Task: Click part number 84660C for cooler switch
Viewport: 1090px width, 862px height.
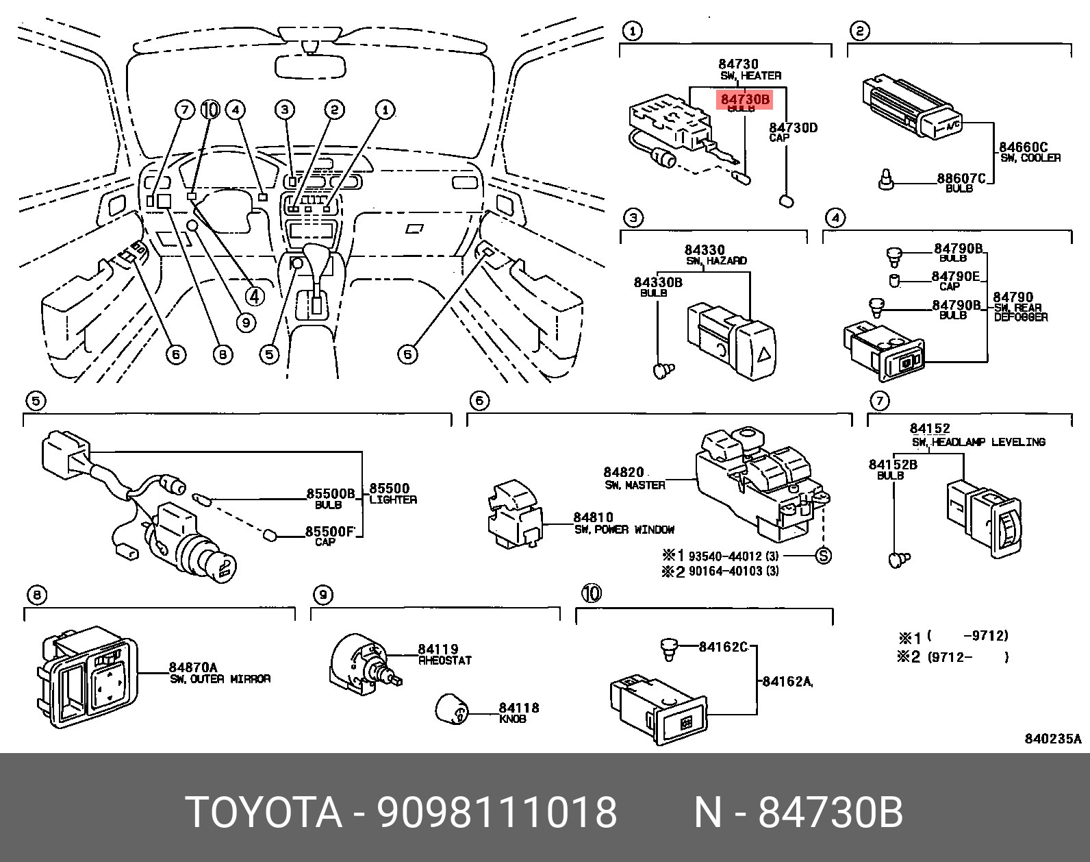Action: pyautogui.click(x=1023, y=147)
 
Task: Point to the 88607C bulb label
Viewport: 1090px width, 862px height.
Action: pyautogui.click(x=961, y=179)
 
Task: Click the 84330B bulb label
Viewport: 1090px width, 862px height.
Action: pyautogui.click(x=657, y=282)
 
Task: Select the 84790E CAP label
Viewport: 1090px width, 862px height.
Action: pyautogui.click(x=955, y=276)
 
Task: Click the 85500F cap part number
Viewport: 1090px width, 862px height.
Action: pyautogui.click(x=330, y=531)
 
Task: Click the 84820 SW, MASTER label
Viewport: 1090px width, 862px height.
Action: pyautogui.click(x=624, y=472)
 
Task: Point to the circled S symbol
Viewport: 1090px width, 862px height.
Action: pyautogui.click(x=824, y=556)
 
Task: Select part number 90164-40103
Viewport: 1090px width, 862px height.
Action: pyautogui.click(x=724, y=571)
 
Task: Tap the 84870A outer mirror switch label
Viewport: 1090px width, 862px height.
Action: pyautogui.click(x=194, y=667)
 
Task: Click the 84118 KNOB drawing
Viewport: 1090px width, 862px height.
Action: pyautogui.click(x=453, y=709)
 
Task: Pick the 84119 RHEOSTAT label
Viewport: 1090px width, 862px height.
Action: pyautogui.click(x=439, y=649)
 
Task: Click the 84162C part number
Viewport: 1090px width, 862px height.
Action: pyautogui.click(x=723, y=646)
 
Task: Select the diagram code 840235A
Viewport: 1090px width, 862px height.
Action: pyautogui.click(x=1052, y=739)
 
